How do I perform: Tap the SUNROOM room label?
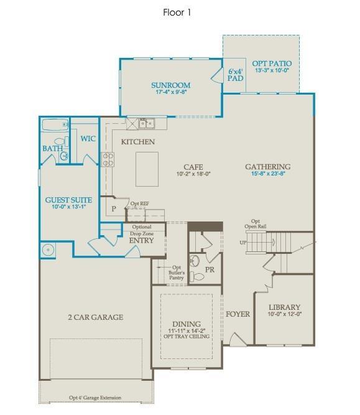pos(171,85)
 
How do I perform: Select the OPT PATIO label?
pos(272,63)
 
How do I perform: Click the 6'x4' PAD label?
pos(235,75)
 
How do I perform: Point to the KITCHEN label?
pos(138,142)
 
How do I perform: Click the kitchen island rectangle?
pos(147,169)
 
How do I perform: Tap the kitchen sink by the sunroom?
pos(147,123)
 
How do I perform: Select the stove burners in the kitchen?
pos(107,159)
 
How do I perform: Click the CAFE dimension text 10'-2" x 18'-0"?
pos(193,174)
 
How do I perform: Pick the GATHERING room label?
pos(267,167)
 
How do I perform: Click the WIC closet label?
pos(88,138)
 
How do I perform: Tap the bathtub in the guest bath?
pos(55,126)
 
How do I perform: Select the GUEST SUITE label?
pos(68,200)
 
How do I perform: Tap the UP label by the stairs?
pos(243,242)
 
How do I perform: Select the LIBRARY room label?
pos(284,307)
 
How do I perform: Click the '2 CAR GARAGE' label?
pos(95,317)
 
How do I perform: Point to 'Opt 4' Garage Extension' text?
pos(95,398)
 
